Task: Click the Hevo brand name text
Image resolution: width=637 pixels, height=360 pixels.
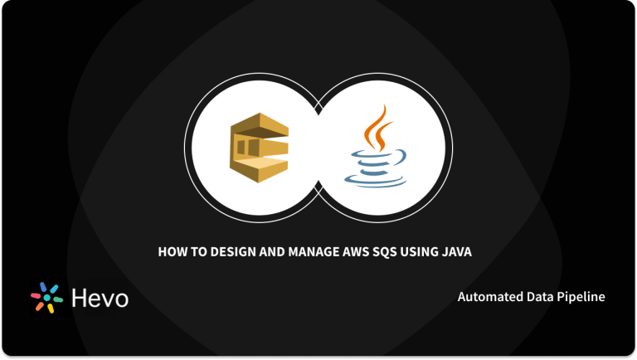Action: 99,299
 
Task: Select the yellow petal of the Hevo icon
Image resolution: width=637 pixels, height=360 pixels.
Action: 50,308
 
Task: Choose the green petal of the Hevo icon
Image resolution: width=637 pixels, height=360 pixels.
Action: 59,300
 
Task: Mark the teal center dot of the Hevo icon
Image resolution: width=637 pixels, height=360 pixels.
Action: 47,298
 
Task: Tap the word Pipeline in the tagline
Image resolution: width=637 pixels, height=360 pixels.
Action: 581,296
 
